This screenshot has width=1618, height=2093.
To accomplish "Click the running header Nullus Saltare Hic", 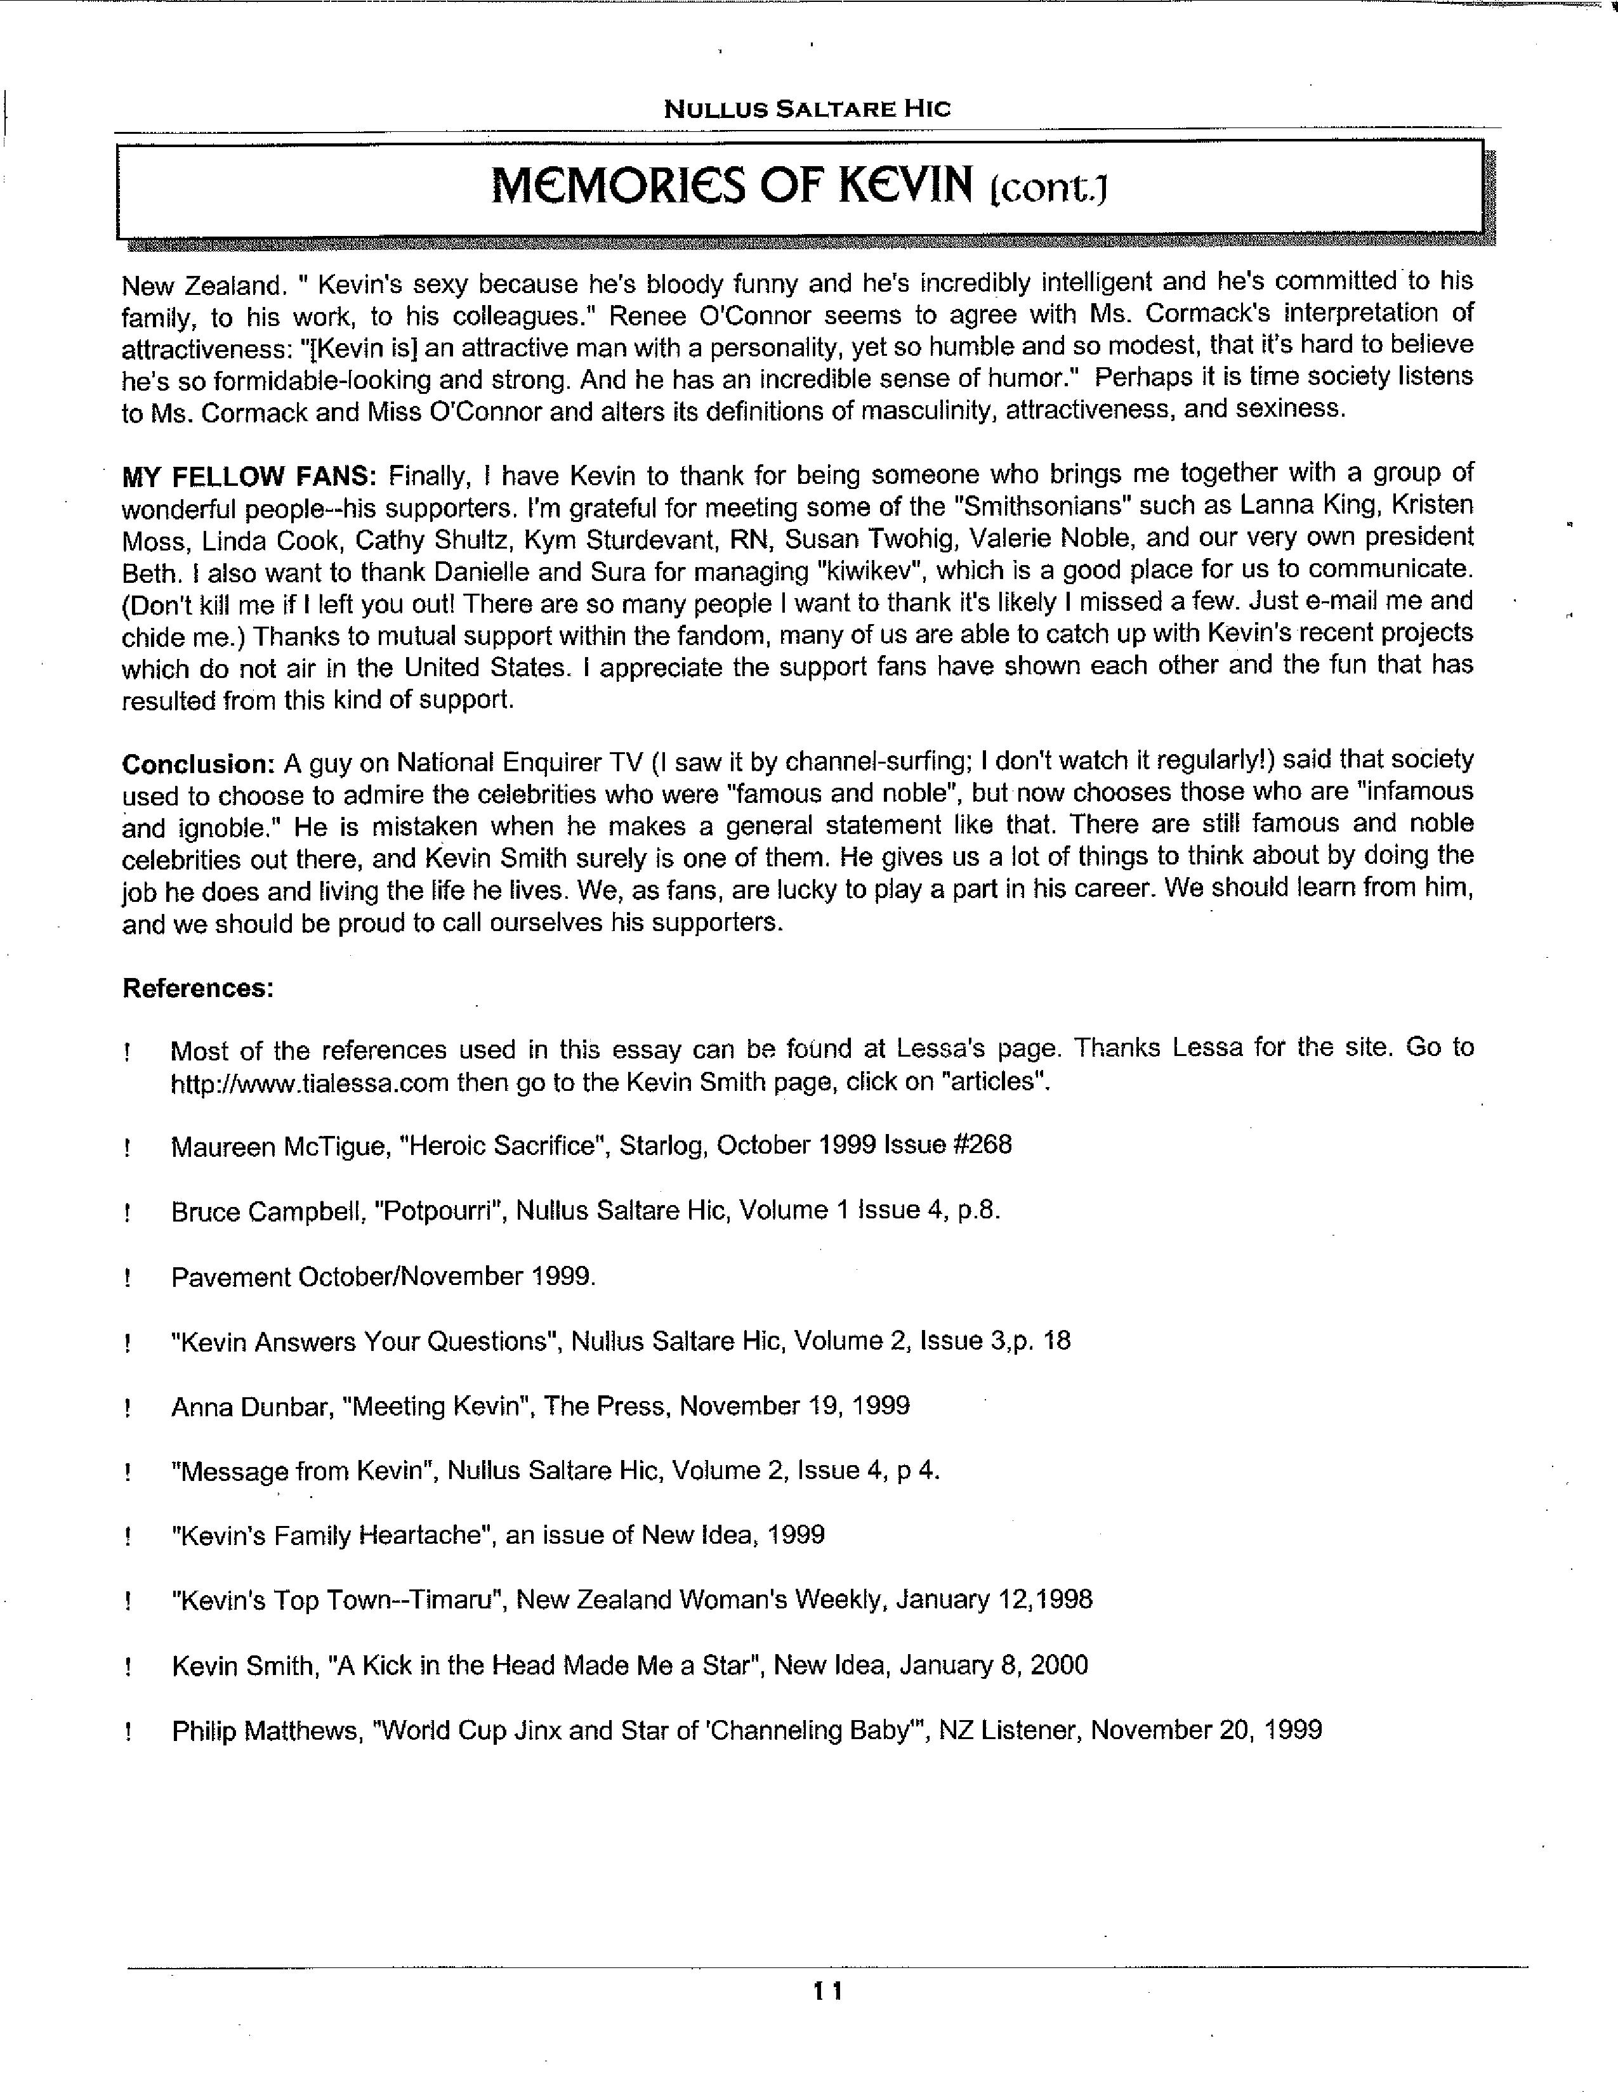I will click(807, 108).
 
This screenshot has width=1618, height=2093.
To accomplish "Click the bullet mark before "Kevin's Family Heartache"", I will click(126, 1537).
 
